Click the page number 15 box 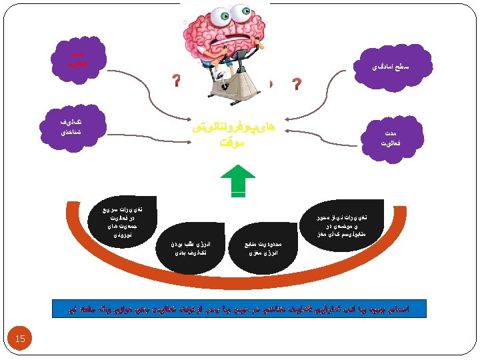coord(20,339)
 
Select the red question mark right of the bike coord(297,85)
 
